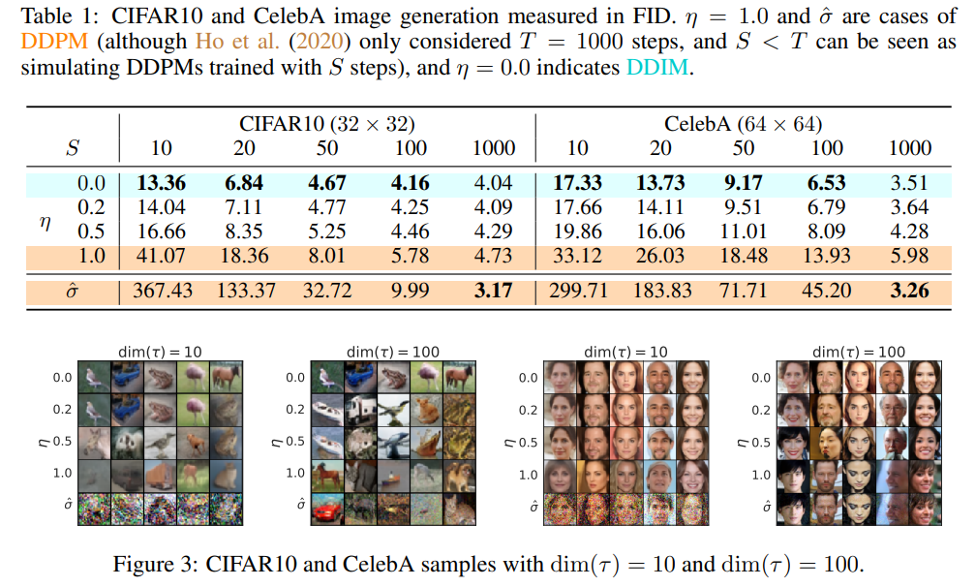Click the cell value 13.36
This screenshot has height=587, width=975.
point(161,182)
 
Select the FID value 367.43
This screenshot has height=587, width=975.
point(161,291)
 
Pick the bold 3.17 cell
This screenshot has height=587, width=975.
point(493,291)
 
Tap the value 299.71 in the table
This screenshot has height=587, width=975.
point(578,291)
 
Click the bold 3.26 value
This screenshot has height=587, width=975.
point(909,291)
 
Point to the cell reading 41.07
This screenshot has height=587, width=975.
point(161,257)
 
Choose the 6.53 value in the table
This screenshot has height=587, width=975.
point(827,182)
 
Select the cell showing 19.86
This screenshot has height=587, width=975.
point(578,232)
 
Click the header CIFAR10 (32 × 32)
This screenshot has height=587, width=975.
point(327,124)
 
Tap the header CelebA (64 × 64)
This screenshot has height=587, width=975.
point(744,124)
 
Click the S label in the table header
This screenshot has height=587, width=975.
point(73,148)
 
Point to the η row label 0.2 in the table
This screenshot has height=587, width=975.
point(91,207)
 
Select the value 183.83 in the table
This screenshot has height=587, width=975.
point(660,291)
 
